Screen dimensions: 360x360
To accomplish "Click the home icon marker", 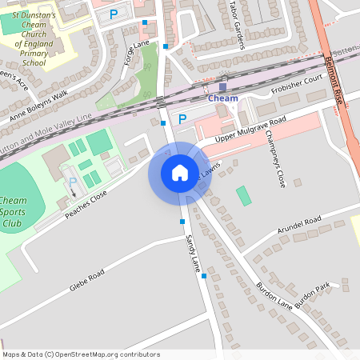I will click(x=179, y=173).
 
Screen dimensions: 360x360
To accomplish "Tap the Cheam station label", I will click(x=222, y=98).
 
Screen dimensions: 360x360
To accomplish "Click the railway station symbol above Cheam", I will click(x=222, y=86).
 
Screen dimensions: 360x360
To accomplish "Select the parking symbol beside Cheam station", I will click(x=182, y=119).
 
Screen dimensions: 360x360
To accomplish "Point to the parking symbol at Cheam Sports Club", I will click(x=74, y=182).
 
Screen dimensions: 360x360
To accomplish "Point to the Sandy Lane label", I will click(x=192, y=252).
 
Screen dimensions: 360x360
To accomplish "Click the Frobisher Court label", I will click(x=295, y=83).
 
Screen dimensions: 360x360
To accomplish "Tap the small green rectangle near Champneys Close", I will click(x=244, y=195).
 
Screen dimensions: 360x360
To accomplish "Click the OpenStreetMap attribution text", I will click(x=81, y=354).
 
